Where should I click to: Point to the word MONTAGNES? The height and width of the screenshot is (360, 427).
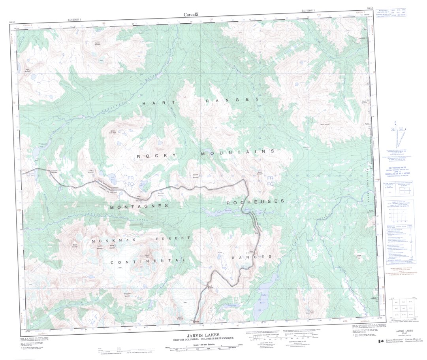click(139, 206)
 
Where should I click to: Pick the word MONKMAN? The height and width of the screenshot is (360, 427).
click(110, 240)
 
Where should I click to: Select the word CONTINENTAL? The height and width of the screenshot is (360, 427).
click(148, 262)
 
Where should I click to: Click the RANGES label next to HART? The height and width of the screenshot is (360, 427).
click(232, 100)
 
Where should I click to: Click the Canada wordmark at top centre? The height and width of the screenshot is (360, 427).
click(191, 15)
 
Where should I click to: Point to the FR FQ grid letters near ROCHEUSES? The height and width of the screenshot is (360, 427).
click(271, 181)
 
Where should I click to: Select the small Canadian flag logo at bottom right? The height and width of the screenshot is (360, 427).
click(381, 341)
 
